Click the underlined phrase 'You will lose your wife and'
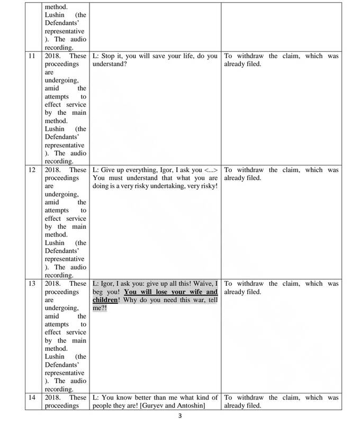pos(170,292)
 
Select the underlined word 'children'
pos(105,300)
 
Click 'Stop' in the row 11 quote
pos(107,56)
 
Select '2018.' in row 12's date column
pos(53,170)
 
